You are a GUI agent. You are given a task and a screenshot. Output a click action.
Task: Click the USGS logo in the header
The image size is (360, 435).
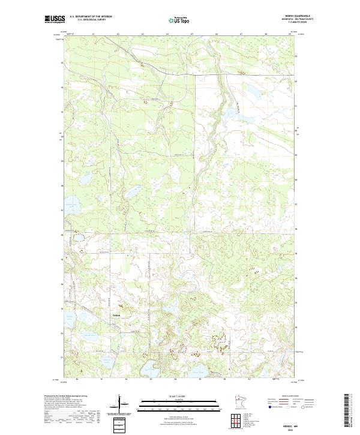pos(54,19)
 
